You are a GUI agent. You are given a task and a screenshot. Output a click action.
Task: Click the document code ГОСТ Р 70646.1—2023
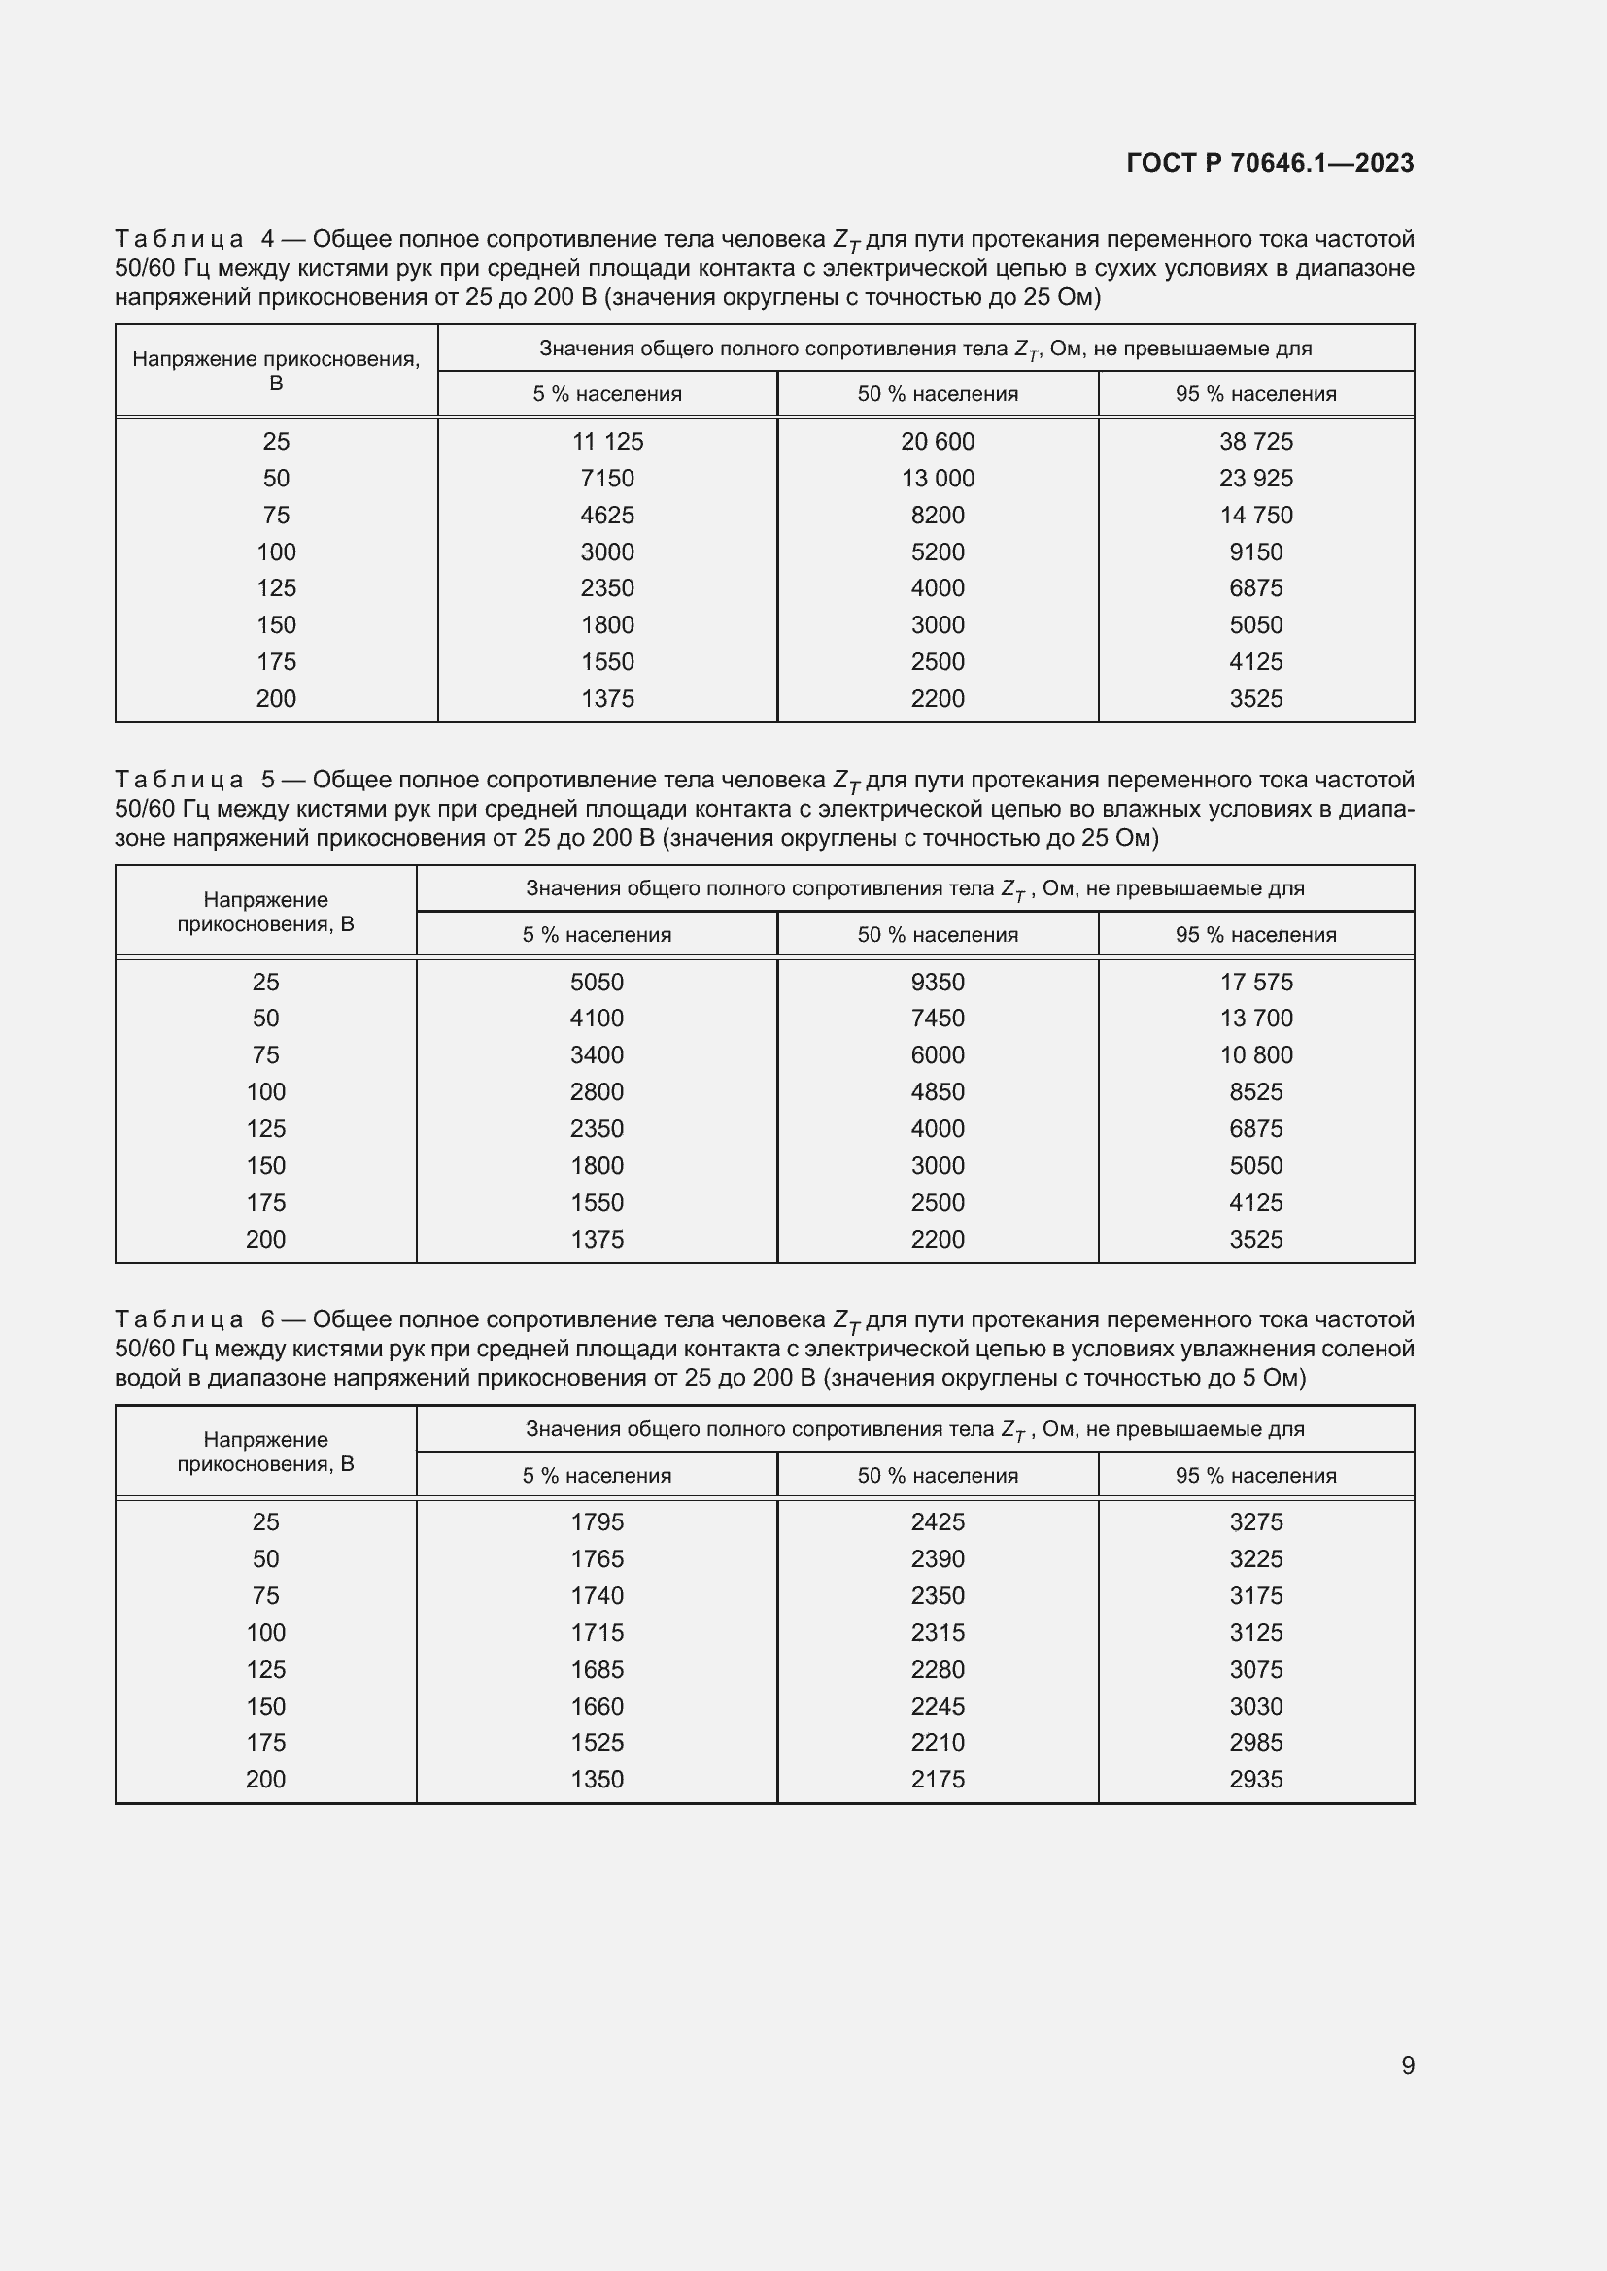(x=1270, y=163)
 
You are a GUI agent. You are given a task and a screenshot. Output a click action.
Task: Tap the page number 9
(x=1407, y=2065)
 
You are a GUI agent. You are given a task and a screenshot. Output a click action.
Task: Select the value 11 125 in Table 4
(x=606, y=441)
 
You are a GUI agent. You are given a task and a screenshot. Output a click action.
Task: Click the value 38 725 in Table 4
(x=1254, y=441)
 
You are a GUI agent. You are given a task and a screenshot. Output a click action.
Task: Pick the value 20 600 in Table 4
(x=936, y=441)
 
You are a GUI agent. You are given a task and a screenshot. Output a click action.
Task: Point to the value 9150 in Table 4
(x=1254, y=551)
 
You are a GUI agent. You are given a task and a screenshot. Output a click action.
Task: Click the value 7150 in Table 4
(x=606, y=479)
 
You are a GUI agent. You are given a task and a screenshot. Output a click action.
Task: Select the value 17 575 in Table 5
(x=1254, y=983)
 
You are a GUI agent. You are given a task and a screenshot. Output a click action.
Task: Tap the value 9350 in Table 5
(x=936, y=983)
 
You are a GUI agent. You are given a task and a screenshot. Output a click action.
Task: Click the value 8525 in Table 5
(x=1254, y=1092)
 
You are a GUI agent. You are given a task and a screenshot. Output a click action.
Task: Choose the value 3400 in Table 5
(x=597, y=1055)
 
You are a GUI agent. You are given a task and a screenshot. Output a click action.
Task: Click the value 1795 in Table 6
(x=597, y=1522)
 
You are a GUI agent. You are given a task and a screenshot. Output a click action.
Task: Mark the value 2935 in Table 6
(x=1254, y=1780)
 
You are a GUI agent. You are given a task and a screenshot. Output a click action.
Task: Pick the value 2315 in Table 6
(x=936, y=1633)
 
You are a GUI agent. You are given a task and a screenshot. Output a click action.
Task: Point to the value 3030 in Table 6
(x=1254, y=1706)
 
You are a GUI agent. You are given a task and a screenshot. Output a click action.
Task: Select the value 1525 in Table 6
(x=597, y=1743)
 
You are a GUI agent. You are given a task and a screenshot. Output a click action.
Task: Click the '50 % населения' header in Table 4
(x=936, y=393)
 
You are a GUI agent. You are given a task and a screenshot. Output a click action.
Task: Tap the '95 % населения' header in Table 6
(x=1254, y=1476)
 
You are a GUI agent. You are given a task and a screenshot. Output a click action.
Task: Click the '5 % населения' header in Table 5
(x=597, y=935)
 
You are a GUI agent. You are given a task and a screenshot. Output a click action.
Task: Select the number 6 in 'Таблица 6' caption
(x=268, y=1319)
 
